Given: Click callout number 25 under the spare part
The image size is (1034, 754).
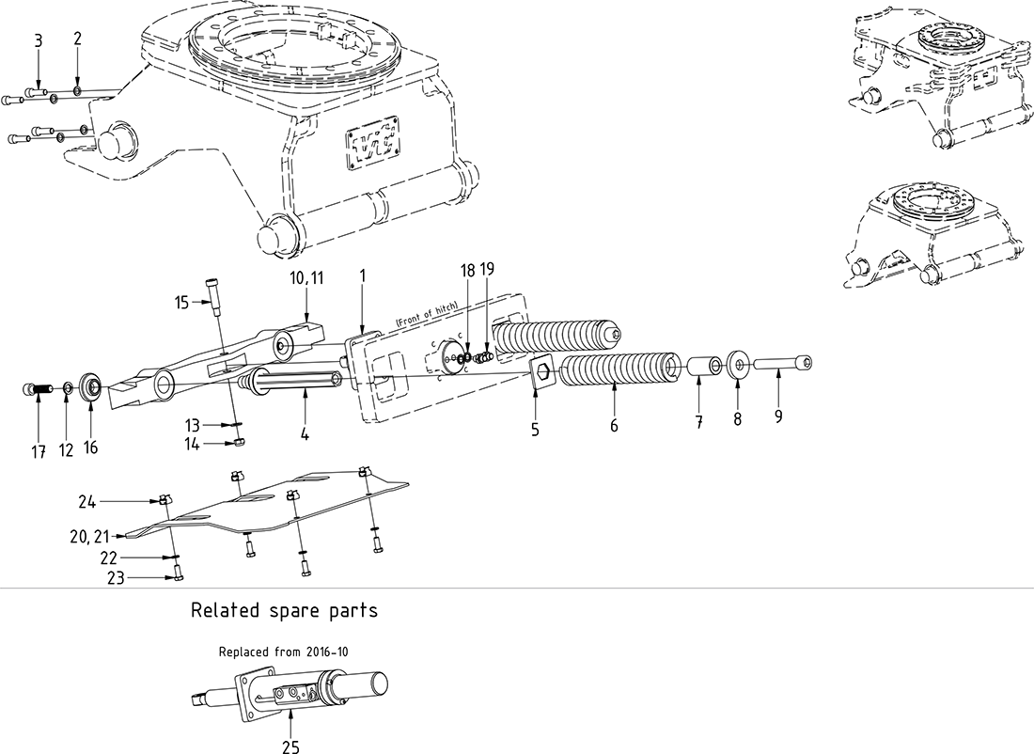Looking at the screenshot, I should [x=290, y=743].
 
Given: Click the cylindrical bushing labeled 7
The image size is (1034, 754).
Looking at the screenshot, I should [x=700, y=365].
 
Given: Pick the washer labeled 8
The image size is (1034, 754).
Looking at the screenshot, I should [x=738, y=363].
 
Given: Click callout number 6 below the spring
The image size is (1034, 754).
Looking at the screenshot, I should [x=614, y=426].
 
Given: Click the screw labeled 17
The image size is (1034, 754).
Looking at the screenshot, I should [x=33, y=388].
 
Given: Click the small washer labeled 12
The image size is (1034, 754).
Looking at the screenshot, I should [x=68, y=387].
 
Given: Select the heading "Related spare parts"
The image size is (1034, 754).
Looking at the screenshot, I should [x=284, y=610].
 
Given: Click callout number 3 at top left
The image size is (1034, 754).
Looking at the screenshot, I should [x=38, y=40].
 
